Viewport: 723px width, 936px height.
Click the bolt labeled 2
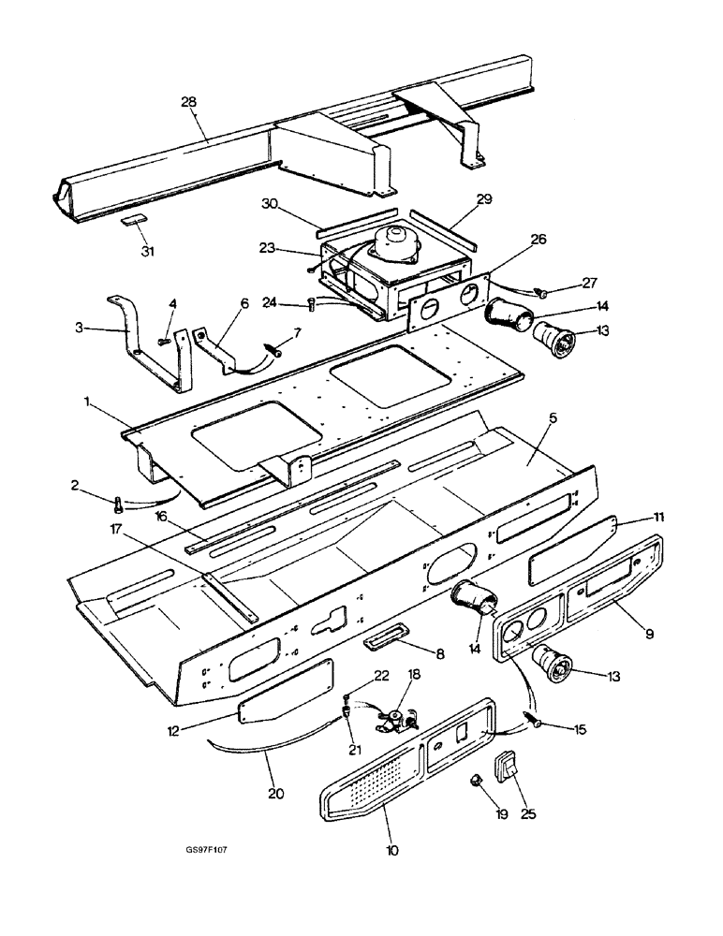coord(118,504)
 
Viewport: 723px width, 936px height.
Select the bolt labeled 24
coord(313,302)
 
